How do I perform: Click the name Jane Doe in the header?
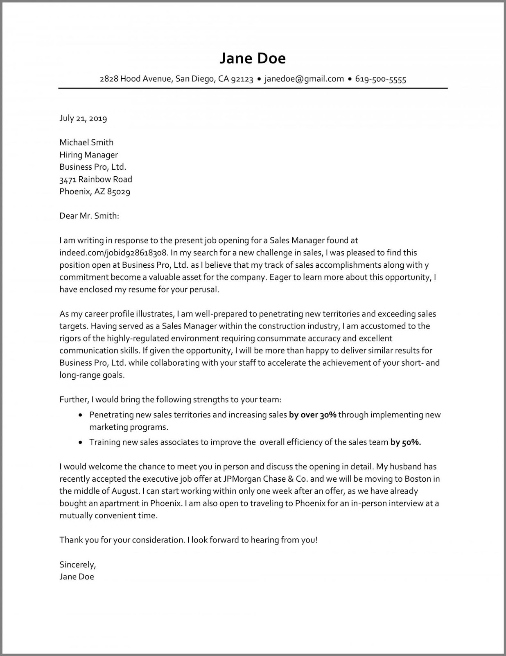coord(253,58)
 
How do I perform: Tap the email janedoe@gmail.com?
coord(304,79)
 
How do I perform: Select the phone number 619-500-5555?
coord(380,79)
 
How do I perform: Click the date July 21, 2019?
coord(83,118)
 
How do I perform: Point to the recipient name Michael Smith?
coord(86,142)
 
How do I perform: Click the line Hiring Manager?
coord(88,155)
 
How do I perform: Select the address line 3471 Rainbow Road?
coord(96,179)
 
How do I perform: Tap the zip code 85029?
coord(118,191)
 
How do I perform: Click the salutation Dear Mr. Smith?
coord(89,216)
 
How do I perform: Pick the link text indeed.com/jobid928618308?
coord(113,253)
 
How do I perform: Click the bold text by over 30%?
coord(312,415)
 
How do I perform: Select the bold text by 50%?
coord(405,442)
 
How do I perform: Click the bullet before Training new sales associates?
coord(80,442)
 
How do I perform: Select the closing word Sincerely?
coord(78,565)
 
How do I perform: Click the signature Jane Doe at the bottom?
coord(77,576)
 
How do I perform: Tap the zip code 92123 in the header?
coord(242,79)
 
